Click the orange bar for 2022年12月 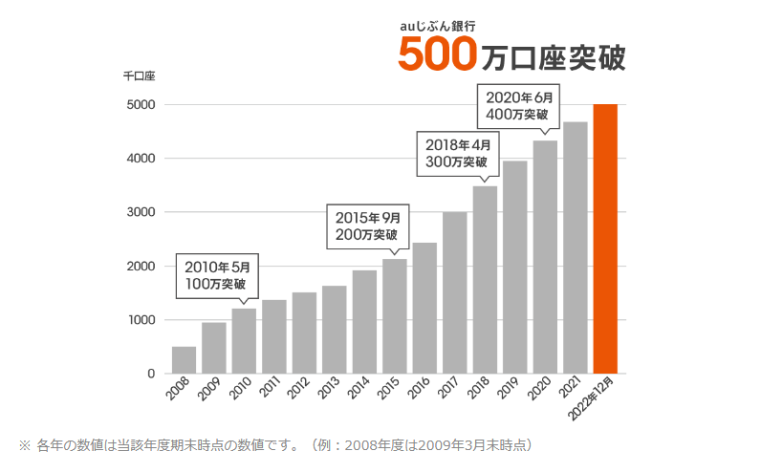605,239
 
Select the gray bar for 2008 184,359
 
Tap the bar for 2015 394,316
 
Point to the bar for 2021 575,247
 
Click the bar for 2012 304,333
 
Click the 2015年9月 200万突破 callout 367,225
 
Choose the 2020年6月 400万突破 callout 519,105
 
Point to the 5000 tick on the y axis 139,105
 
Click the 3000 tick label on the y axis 139,212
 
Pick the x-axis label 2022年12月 601,398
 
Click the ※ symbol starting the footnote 25,445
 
